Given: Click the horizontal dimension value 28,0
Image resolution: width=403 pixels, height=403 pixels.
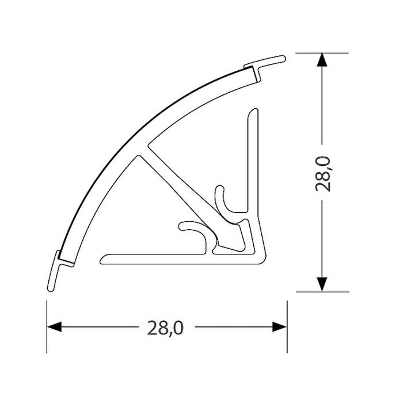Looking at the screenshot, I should (165, 328).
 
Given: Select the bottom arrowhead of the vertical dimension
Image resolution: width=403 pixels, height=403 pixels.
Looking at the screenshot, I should (322, 284).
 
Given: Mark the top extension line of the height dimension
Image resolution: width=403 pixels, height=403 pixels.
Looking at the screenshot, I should (322, 53).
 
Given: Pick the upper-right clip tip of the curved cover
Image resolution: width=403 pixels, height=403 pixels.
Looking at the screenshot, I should (276, 59).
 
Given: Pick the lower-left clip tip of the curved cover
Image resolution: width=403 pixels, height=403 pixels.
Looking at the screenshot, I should (51, 282).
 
